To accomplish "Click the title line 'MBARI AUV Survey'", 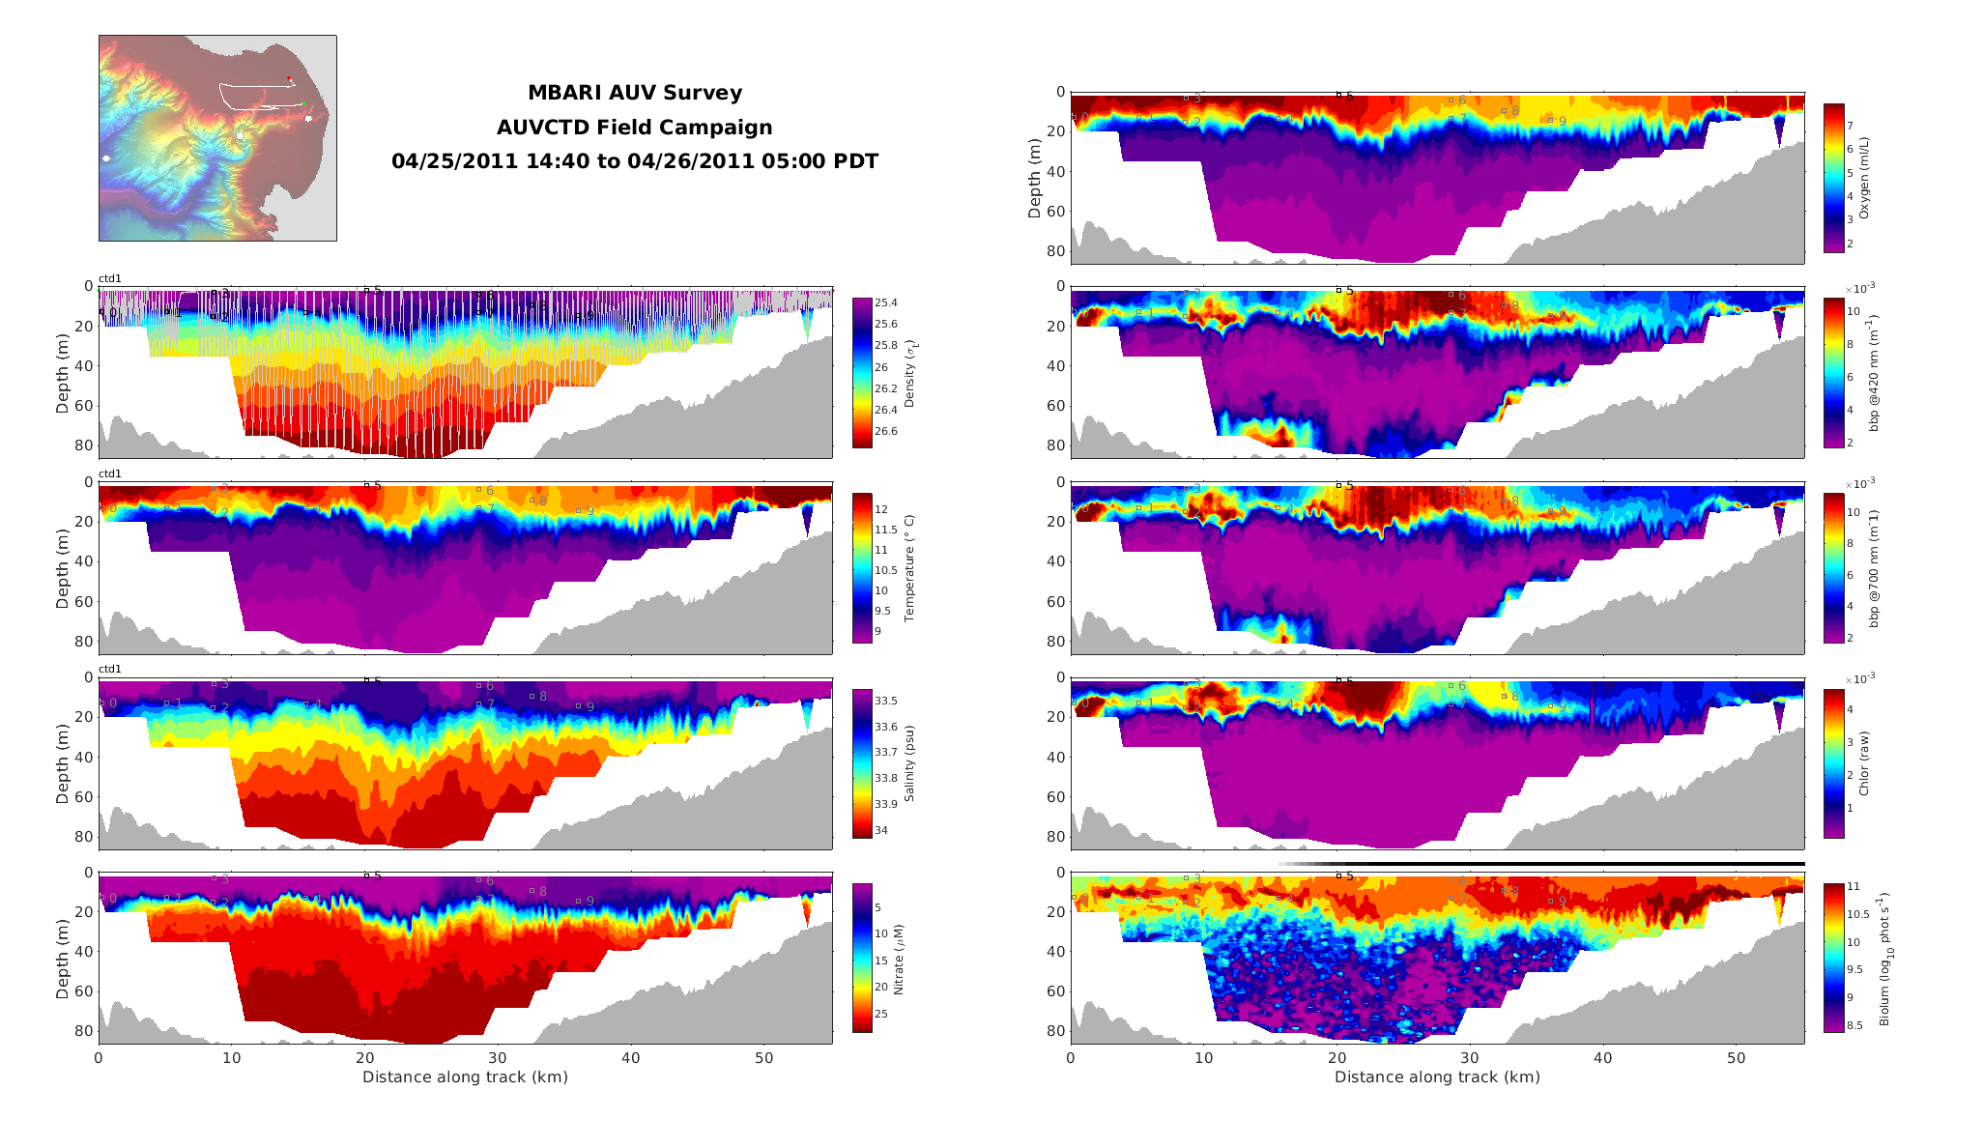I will (x=634, y=93).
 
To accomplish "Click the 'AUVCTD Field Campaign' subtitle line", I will (x=634, y=128).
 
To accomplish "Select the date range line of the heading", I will (x=634, y=161).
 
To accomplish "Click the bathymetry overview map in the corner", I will (x=217, y=138).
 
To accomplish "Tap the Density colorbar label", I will (x=909, y=373).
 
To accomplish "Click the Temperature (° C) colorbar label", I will (x=909, y=567).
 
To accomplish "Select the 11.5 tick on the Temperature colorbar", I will (x=885, y=530).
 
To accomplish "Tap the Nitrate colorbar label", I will (x=899, y=959).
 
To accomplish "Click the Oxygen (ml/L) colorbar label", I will (x=1864, y=178).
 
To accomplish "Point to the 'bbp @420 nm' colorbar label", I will (x=1874, y=373).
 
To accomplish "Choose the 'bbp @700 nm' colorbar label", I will (x=1874, y=568).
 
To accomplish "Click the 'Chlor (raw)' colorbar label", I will (x=1864, y=763).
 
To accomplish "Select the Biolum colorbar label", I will (x=1882, y=959).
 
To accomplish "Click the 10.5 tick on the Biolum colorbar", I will (x=1858, y=914).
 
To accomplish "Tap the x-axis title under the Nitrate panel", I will (x=465, y=1077).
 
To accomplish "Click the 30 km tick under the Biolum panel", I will (x=1470, y=1058).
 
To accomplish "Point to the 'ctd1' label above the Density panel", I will (x=110, y=279).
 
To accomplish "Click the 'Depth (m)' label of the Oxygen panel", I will (x=1035, y=178).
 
